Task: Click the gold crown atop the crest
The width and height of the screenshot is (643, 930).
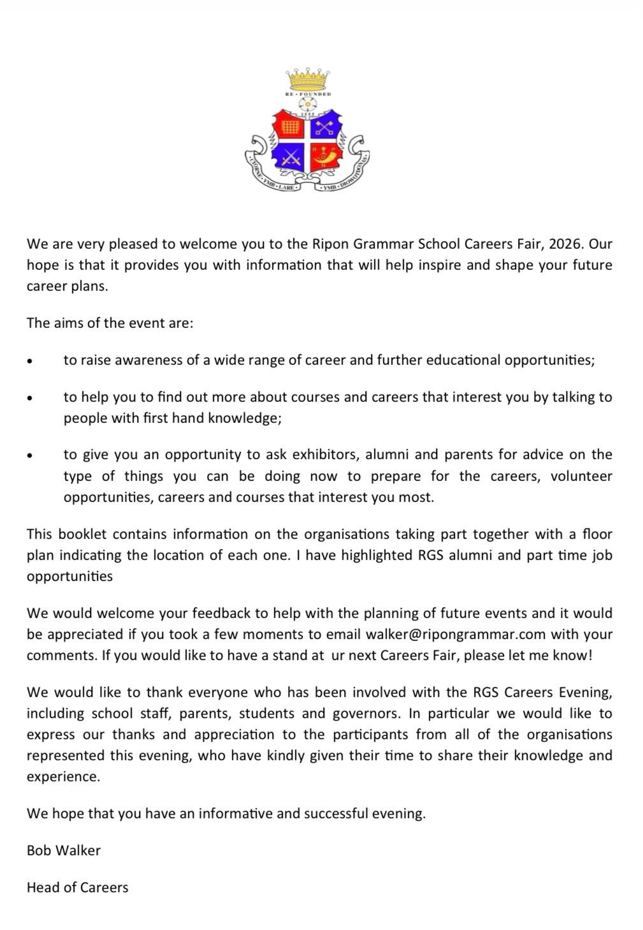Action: tap(308, 79)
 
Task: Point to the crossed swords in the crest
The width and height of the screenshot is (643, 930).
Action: tap(291, 156)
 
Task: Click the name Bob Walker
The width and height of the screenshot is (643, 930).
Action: tap(64, 850)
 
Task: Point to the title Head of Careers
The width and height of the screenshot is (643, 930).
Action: tap(77, 887)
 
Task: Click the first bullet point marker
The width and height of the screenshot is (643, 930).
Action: tap(29, 361)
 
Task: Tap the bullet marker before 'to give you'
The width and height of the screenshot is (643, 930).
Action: tap(29, 455)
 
